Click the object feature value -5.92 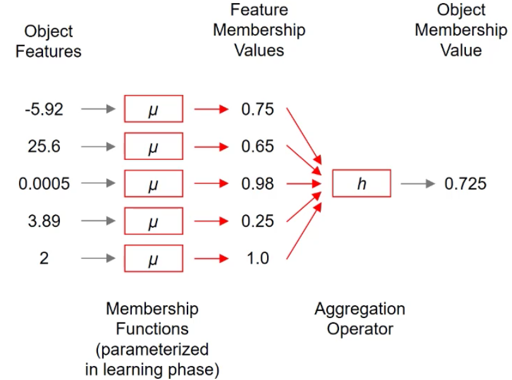pyautogui.click(x=44, y=109)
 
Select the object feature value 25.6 pyautogui.click(x=44, y=147)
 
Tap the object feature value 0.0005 pyautogui.click(x=44, y=184)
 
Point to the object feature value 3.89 pyautogui.click(x=44, y=221)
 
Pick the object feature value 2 pyautogui.click(x=44, y=259)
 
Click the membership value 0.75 pyautogui.click(x=258, y=109)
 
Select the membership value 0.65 pyautogui.click(x=258, y=147)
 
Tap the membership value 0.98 pyautogui.click(x=258, y=184)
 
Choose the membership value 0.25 pyautogui.click(x=258, y=221)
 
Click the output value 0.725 pyautogui.click(x=465, y=184)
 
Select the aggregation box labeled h pyautogui.click(x=362, y=184)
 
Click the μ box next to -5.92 pyautogui.click(x=153, y=109)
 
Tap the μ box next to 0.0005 pyautogui.click(x=153, y=184)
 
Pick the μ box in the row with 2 pyautogui.click(x=153, y=259)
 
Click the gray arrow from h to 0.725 pyautogui.click(x=418, y=184)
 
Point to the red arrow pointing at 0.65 pyautogui.click(x=211, y=147)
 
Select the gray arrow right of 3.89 pyautogui.click(x=98, y=221)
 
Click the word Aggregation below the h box pyautogui.click(x=360, y=310)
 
